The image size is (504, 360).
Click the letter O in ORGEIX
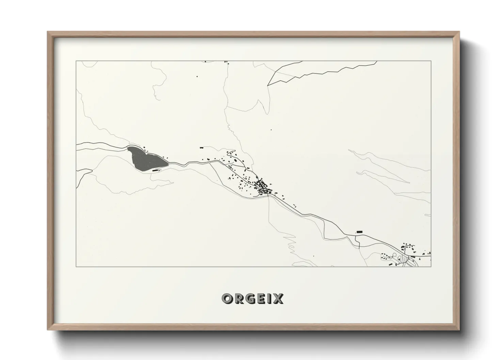(x=227, y=299)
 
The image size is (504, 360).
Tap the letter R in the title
(x=239, y=299)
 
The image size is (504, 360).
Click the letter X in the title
(x=278, y=299)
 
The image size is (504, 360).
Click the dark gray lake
(x=144, y=159)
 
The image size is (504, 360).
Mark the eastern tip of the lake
(x=168, y=164)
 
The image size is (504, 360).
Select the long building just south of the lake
(x=156, y=169)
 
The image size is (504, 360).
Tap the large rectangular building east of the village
(x=359, y=231)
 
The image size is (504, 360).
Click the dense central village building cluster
(x=263, y=187)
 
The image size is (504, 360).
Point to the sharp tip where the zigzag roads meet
(x=268, y=85)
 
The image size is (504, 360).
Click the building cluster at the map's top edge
(x=226, y=62)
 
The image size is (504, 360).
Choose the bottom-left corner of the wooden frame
(x=48, y=330)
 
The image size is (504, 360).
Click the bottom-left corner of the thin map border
(x=76, y=267)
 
